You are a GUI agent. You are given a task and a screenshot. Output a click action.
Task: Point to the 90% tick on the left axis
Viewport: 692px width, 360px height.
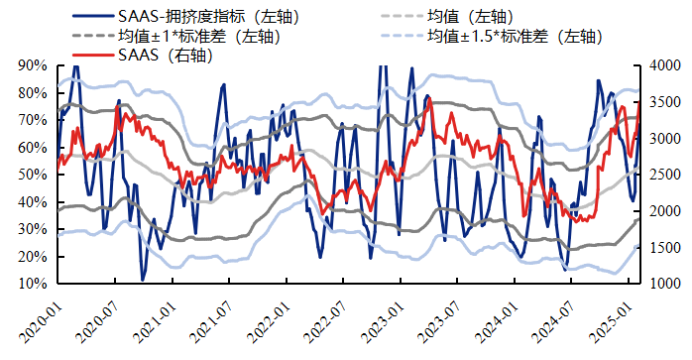[31, 65]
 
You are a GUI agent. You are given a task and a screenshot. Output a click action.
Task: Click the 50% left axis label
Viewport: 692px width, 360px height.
[31, 175]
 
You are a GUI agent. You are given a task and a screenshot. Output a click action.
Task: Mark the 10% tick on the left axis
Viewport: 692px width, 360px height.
[31, 284]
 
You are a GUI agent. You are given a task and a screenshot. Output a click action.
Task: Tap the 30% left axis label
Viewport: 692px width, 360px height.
[31, 229]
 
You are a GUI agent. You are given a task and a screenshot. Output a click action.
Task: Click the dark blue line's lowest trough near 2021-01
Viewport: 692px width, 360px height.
[143, 280]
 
